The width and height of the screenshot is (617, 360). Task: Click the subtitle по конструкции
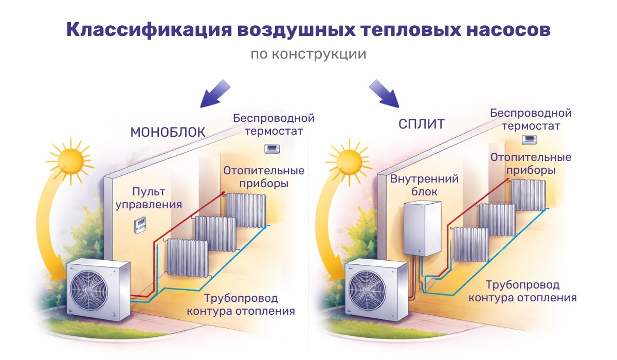308,54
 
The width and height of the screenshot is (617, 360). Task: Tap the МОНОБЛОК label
168,132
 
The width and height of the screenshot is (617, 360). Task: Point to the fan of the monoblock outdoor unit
89,288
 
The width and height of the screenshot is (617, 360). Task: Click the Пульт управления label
149,199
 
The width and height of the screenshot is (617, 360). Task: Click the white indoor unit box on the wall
422,228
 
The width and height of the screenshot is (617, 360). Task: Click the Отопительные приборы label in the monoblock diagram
263,177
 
